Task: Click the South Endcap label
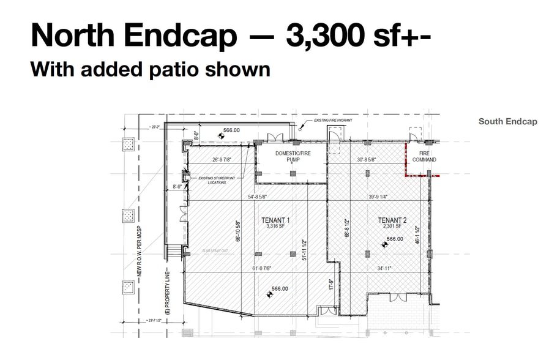point(507,121)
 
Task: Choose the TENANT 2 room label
point(392,220)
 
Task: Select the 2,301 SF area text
point(392,227)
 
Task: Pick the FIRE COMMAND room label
point(424,156)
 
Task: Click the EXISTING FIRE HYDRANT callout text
point(333,121)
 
